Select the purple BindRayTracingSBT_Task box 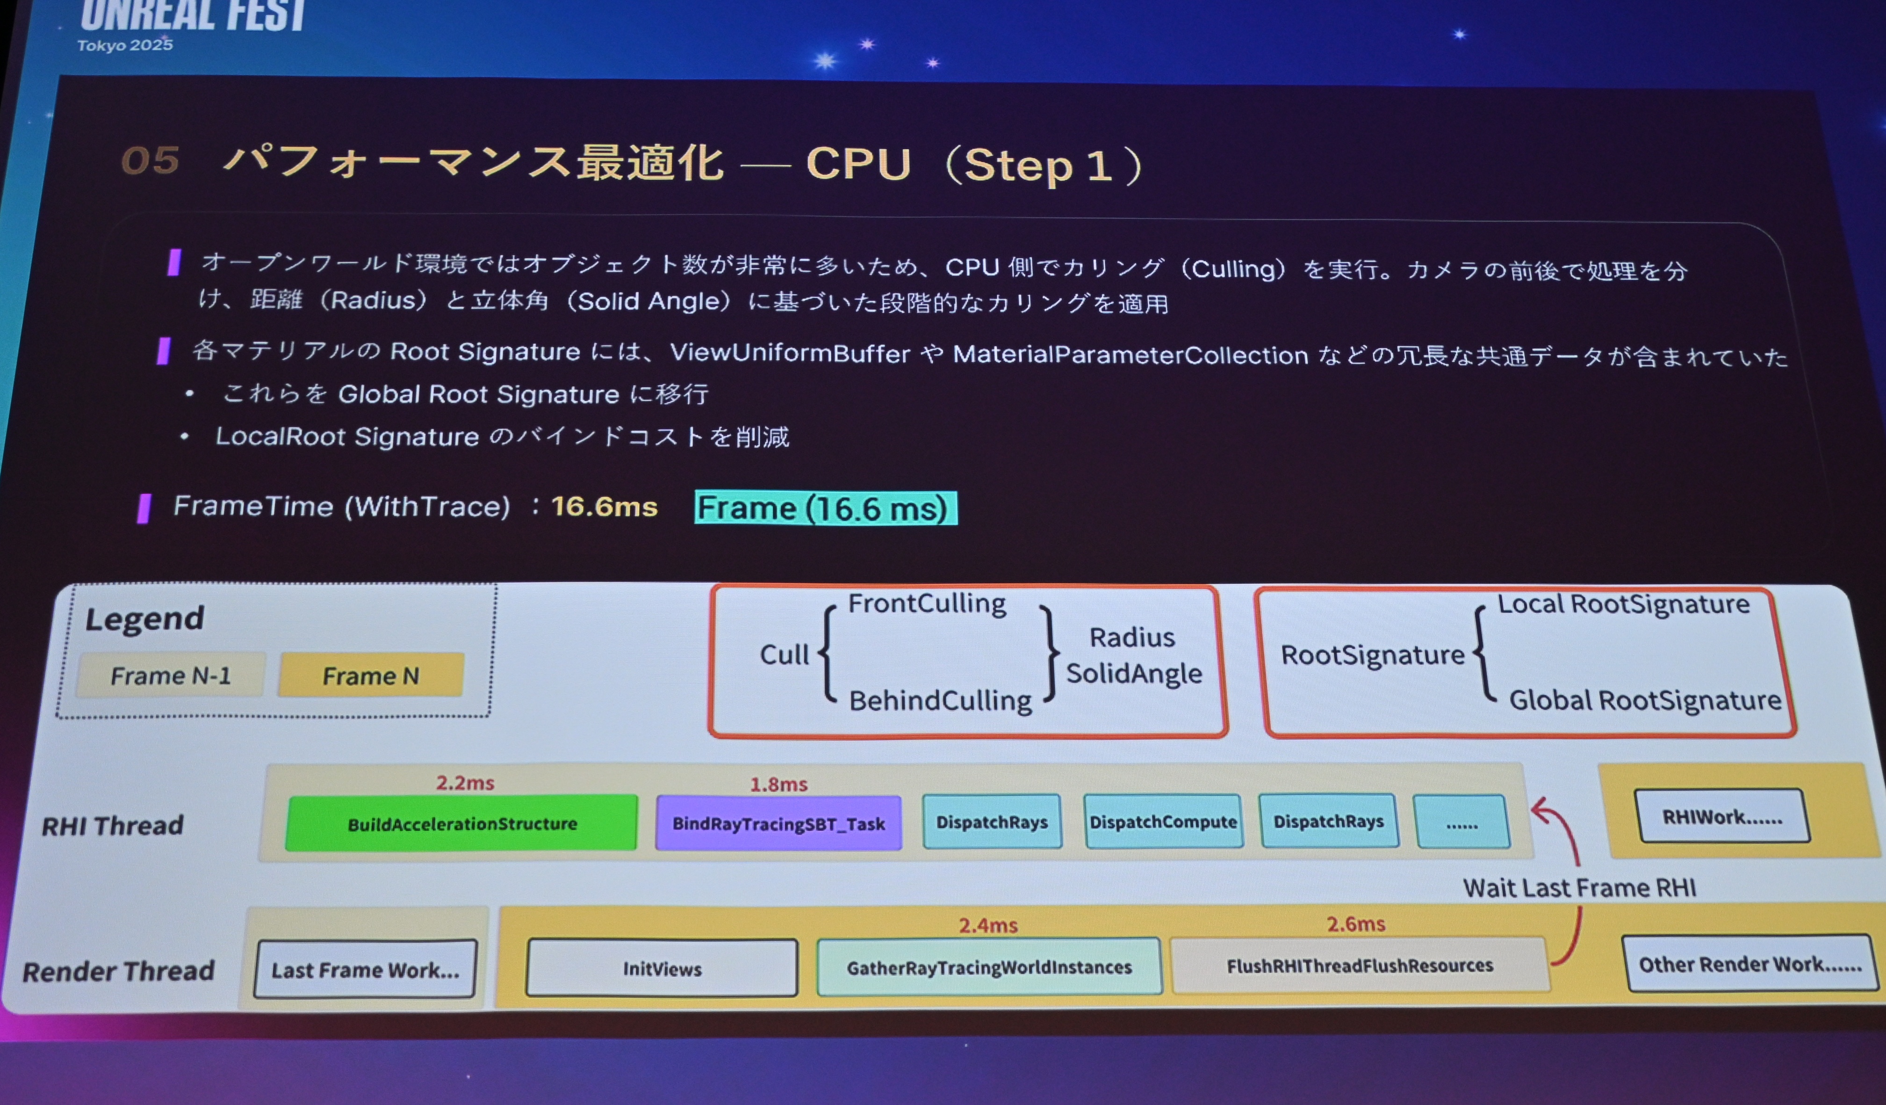click(778, 823)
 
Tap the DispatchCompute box click(1163, 821)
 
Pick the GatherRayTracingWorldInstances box click(989, 967)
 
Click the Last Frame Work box click(365, 969)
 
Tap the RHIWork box click(1722, 816)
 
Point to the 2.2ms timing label click(465, 782)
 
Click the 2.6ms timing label click(1355, 924)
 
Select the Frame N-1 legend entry click(171, 675)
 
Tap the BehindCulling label click(940, 700)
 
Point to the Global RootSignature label click(1645, 700)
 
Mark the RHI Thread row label click(112, 825)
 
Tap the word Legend click(144, 619)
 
